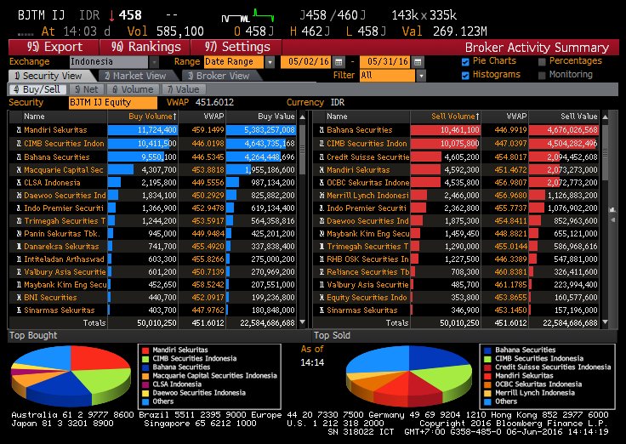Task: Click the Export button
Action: click(55, 48)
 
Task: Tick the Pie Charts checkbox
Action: click(465, 61)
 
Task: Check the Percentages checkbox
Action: click(543, 61)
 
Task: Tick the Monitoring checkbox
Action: click(543, 75)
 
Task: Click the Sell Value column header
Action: click(578, 116)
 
